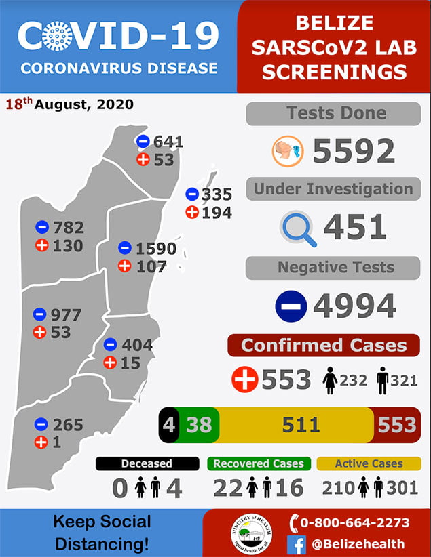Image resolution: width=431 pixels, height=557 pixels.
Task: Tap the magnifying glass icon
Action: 298,228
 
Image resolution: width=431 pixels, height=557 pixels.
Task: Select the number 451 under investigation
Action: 355,228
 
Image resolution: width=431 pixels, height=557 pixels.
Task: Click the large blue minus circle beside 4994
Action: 291,306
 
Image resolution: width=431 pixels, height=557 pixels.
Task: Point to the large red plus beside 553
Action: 245,379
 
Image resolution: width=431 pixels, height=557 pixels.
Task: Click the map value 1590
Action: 156,249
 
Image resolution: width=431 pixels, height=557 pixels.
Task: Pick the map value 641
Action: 169,142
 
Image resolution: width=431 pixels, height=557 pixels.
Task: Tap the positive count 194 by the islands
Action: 217,213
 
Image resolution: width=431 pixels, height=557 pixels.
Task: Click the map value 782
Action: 69,227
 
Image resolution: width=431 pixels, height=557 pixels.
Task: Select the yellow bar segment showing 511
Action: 301,425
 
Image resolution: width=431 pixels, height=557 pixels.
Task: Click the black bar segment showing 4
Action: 168,425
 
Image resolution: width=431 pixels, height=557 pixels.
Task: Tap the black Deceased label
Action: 147,464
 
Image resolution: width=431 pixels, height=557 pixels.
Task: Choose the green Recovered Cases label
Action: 259,464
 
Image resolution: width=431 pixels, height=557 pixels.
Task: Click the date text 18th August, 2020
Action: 69,105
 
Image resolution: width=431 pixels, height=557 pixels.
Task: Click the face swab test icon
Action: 287,151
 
